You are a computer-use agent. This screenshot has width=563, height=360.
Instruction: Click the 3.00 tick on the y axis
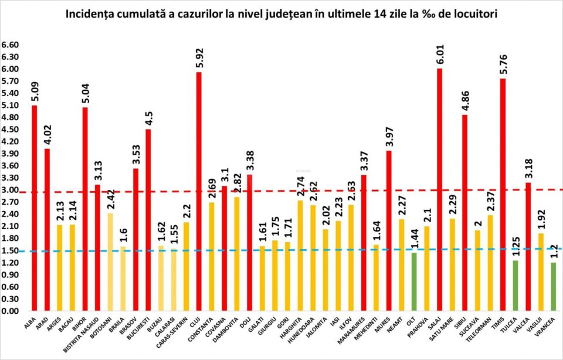point(11,191)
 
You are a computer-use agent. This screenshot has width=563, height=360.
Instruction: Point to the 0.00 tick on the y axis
point(11,311)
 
